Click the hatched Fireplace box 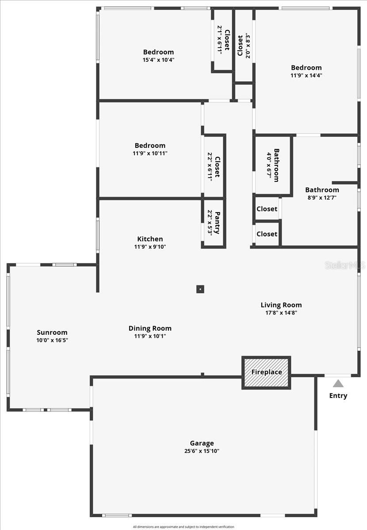click(266, 372)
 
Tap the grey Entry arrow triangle click(338, 383)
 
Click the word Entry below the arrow click(338, 396)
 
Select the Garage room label click(202, 443)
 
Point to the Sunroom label click(52, 333)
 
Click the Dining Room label click(150, 328)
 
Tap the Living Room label click(281, 305)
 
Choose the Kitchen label click(150, 239)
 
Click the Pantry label click(217, 223)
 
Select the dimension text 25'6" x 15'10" click(202, 451)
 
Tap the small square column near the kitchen click(200, 289)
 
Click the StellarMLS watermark click(345, 265)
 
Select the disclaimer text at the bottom click(183, 526)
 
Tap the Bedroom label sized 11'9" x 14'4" click(306, 68)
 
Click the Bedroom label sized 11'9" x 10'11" click(150, 145)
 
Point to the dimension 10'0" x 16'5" click(52, 340)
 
